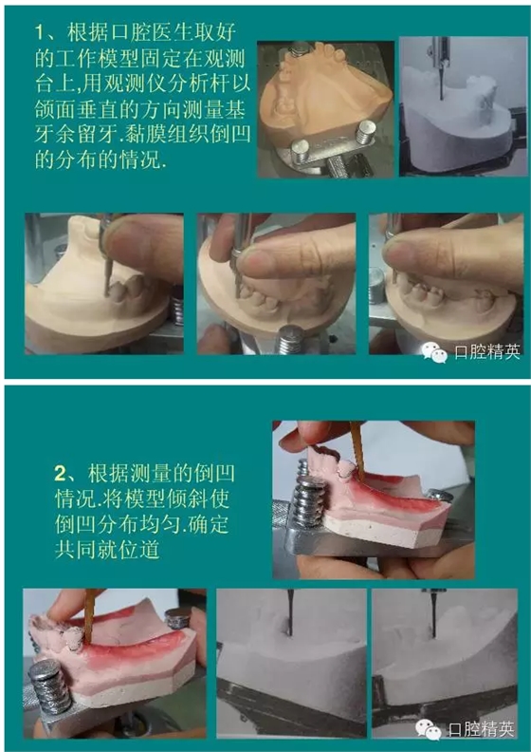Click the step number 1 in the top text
point(41,33)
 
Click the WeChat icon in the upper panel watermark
point(434,352)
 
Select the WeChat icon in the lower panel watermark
point(428,729)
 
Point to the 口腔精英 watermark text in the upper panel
point(487,352)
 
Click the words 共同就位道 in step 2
point(107,550)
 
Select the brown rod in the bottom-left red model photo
point(89,616)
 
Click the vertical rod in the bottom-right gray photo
point(432,614)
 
